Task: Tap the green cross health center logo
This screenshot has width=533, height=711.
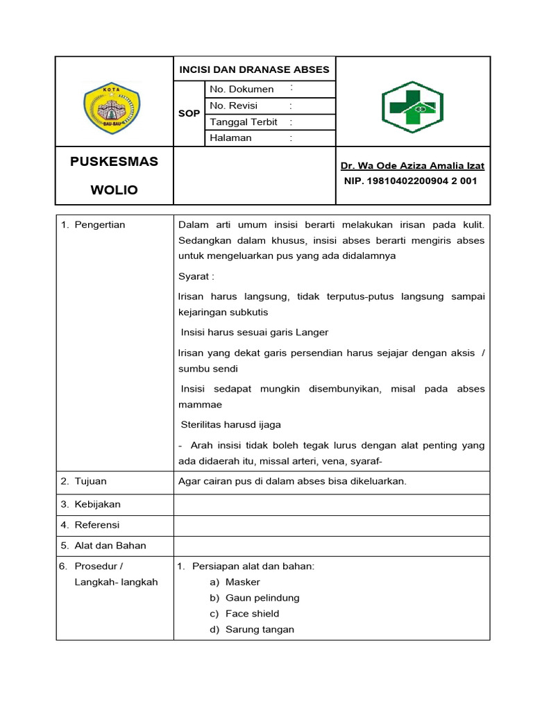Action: tap(412, 108)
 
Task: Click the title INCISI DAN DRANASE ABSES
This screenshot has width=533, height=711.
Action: tap(254, 69)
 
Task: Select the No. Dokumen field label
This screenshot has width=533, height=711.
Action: tap(242, 89)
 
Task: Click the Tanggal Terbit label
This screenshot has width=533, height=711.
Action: tap(244, 122)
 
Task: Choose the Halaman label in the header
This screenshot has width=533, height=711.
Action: tap(231, 137)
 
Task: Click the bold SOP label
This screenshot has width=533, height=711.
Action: tap(189, 113)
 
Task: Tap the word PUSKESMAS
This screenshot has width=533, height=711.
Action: tap(114, 162)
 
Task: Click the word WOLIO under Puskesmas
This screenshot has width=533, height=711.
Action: tap(114, 190)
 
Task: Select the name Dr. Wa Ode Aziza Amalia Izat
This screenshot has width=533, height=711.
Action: tap(412, 166)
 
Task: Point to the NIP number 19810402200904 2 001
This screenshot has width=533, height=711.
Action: tap(411, 181)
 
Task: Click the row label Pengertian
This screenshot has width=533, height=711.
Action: tap(100, 225)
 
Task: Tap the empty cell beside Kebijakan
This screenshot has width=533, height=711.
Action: tap(331, 504)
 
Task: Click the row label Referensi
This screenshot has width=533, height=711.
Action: tap(97, 524)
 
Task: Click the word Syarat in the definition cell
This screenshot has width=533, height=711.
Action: tap(194, 276)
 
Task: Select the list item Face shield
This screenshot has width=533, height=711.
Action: tap(253, 613)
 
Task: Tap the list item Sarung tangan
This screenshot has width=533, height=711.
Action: tap(260, 629)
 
